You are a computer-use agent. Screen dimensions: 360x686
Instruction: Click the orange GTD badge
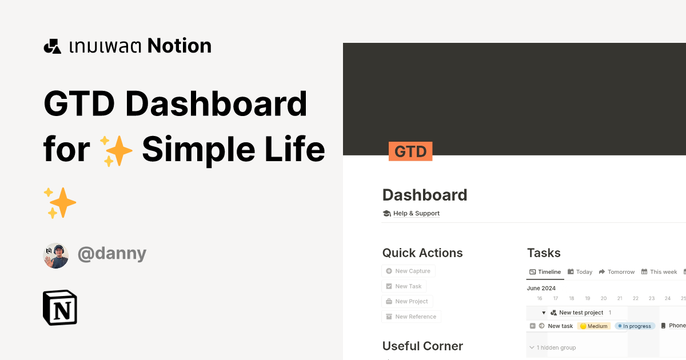coord(410,151)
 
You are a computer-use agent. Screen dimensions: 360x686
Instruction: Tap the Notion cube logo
coord(60,307)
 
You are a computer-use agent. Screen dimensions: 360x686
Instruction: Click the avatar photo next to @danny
coord(56,255)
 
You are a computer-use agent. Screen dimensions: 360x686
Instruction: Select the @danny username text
coord(112,253)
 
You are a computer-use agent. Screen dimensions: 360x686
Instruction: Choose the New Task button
coord(404,286)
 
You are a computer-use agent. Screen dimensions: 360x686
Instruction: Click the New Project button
coord(407,301)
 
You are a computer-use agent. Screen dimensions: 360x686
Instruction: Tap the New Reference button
coord(411,317)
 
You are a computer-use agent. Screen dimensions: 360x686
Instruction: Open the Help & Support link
coord(416,213)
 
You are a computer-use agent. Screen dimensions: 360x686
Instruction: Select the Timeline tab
coord(545,272)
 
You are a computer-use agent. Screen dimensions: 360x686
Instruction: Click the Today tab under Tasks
coord(580,272)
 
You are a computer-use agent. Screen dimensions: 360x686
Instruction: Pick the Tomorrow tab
coord(617,272)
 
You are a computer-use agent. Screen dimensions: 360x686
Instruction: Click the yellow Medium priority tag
coord(594,326)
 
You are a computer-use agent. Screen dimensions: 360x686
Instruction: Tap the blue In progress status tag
coord(635,326)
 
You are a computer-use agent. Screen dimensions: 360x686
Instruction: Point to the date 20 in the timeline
coord(604,298)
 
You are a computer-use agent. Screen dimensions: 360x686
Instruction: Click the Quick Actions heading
coord(422,253)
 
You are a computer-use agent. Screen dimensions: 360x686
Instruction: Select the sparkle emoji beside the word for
coord(115,150)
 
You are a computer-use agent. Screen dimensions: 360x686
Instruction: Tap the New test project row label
coord(581,313)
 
